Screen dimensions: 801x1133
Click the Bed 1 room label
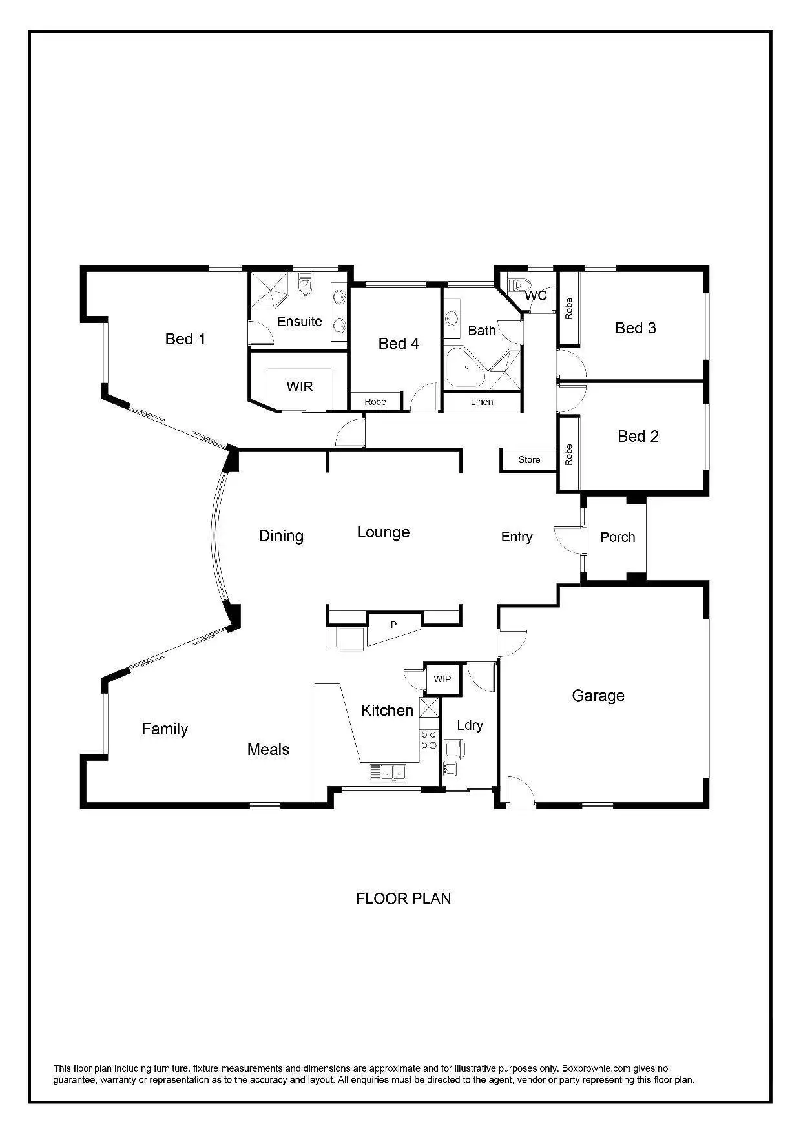pyautogui.click(x=185, y=339)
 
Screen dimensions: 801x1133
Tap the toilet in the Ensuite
pyautogui.click(x=306, y=284)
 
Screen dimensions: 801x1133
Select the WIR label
pyautogui.click(x=300, y=386)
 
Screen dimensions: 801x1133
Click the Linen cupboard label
pyautogui.click(x=482, y=402)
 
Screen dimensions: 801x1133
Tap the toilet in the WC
pyautogui.click(x=519, y=285)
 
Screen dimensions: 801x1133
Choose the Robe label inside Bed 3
pyautogui.click(x=568, y=308)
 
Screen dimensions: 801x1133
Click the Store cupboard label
pyautogui.click(x=529, y=459)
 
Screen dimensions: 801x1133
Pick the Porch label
pyautogui.click(x=618, y=537)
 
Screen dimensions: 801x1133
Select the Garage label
pyautogui.click(x=598, y=696)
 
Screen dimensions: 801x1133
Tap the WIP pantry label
pyautogui.click(x=442, y=679)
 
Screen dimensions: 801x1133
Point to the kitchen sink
pyautogui.click(x=388, y=772)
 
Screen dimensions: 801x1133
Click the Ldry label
pyautogui.click(x=470, y=725)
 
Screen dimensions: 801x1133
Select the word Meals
pyautogui.click(x=268, y=749)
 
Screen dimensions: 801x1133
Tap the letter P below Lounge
pyautogui.click(x=393, y=625)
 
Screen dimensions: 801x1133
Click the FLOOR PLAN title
pyautogui.click(x=403, y=899)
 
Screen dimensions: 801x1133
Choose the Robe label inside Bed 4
pyautogui.click(x=375, y=402)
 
